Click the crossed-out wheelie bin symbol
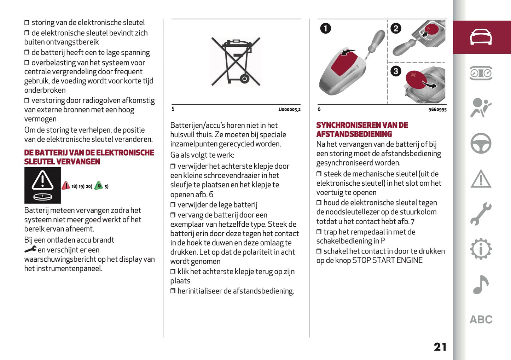click(236, 62)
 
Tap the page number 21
click(440, 347)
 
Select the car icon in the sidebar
click(481, 37)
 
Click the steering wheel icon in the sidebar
click(481, 143)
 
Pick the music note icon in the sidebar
click(481, 285)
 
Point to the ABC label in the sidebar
click(481, 320)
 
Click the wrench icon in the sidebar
click(481, 214)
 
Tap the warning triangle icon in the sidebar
click(481, 179)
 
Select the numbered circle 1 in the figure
click(325, 28)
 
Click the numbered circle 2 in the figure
click(396, 28)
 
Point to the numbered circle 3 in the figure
click(396, 71)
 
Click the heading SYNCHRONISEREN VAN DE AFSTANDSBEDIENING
click(362, 130)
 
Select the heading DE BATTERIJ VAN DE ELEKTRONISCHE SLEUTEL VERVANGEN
click(89, 157)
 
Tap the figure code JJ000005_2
click(289, 110)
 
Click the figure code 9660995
click(437, 110)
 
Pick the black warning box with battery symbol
click(42, 185)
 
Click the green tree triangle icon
click(99, 186)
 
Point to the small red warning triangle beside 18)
click(66, 186)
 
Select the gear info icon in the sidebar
click(481, 249)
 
